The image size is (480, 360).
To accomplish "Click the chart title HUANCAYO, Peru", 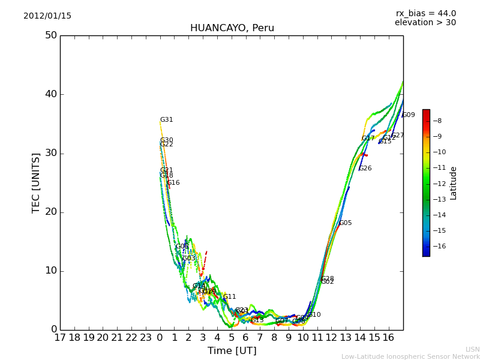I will pos(232,28).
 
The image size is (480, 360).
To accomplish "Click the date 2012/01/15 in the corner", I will pos(47,16).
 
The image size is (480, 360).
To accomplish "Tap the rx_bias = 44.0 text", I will pos(425,14).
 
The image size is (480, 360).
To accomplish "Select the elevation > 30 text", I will pos(425,23).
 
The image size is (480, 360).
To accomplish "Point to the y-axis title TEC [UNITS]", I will pos(36,182).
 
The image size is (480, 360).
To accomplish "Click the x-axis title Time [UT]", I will pos(232,350).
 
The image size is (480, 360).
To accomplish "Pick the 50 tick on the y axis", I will pos(50,35).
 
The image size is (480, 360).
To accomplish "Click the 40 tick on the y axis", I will pos(50,94).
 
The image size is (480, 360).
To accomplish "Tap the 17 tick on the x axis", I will pos(60,338).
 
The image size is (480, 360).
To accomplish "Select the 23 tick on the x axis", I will pos(146,338).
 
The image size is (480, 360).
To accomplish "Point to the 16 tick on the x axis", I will pos(389,338).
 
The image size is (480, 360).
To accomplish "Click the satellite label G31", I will pos(166,120).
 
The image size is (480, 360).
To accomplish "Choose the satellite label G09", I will pos(408,115).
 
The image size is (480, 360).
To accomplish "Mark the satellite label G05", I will pos(345,223).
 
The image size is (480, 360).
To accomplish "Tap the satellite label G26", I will pos(365,169).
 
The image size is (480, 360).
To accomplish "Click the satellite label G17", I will pos(368,139).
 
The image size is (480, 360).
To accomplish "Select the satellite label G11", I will pos(229,297).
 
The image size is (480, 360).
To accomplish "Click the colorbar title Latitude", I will pos(454,183).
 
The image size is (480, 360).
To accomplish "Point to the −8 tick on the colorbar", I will pos(437,121).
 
